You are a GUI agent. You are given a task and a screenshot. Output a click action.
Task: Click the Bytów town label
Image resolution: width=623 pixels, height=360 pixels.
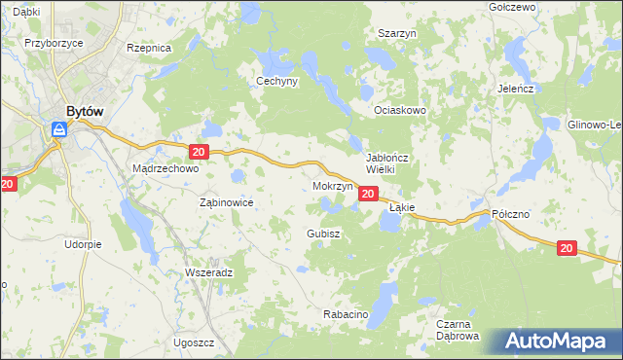point(85,111)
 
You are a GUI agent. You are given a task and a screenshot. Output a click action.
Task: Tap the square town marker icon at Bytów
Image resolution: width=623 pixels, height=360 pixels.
point(58,128)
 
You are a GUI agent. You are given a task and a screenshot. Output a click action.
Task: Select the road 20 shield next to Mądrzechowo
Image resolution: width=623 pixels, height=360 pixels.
point(199,152)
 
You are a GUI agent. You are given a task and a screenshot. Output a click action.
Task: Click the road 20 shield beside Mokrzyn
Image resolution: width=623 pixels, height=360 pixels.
point(367,195)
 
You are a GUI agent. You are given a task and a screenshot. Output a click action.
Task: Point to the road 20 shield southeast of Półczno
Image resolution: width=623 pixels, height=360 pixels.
point(567,249)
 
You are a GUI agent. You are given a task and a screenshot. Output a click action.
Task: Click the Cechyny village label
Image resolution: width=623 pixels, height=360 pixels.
point(276,82)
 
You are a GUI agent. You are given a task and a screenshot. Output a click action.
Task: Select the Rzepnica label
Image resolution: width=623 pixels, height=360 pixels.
point(149,47)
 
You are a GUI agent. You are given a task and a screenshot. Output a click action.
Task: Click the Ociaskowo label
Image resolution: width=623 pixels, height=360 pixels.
point(401,110)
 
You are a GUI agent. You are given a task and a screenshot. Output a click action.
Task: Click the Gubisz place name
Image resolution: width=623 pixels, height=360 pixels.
point(322,234)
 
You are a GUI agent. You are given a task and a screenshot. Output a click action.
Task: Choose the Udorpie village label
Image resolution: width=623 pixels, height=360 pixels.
point(83,244)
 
